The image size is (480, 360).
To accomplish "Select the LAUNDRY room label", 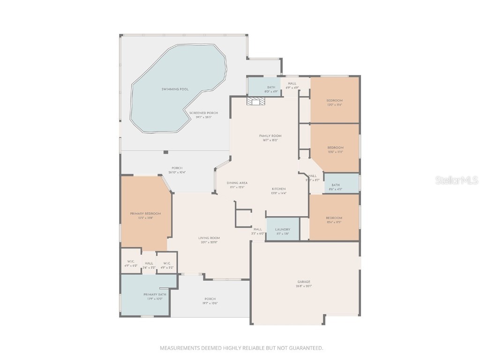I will [x=283, y=229].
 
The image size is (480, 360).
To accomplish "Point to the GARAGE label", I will [x=303, y=282].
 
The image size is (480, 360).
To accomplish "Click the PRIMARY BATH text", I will [x=155, y=294].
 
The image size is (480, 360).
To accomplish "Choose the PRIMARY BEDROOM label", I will [x=145, y=214].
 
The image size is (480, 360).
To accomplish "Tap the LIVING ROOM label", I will [x=209, y=238].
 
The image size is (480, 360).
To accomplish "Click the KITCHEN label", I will [x=278, y=189].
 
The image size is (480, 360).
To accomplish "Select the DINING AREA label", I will [x=237, y=183].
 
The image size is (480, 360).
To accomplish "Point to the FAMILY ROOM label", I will [x=270, y=136].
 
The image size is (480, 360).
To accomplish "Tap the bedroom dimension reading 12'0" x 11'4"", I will [x=334, y=105].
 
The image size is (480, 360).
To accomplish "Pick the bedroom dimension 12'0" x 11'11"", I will [x=335, y=152].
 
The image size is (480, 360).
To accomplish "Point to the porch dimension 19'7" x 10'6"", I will [x=210, y=303].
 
